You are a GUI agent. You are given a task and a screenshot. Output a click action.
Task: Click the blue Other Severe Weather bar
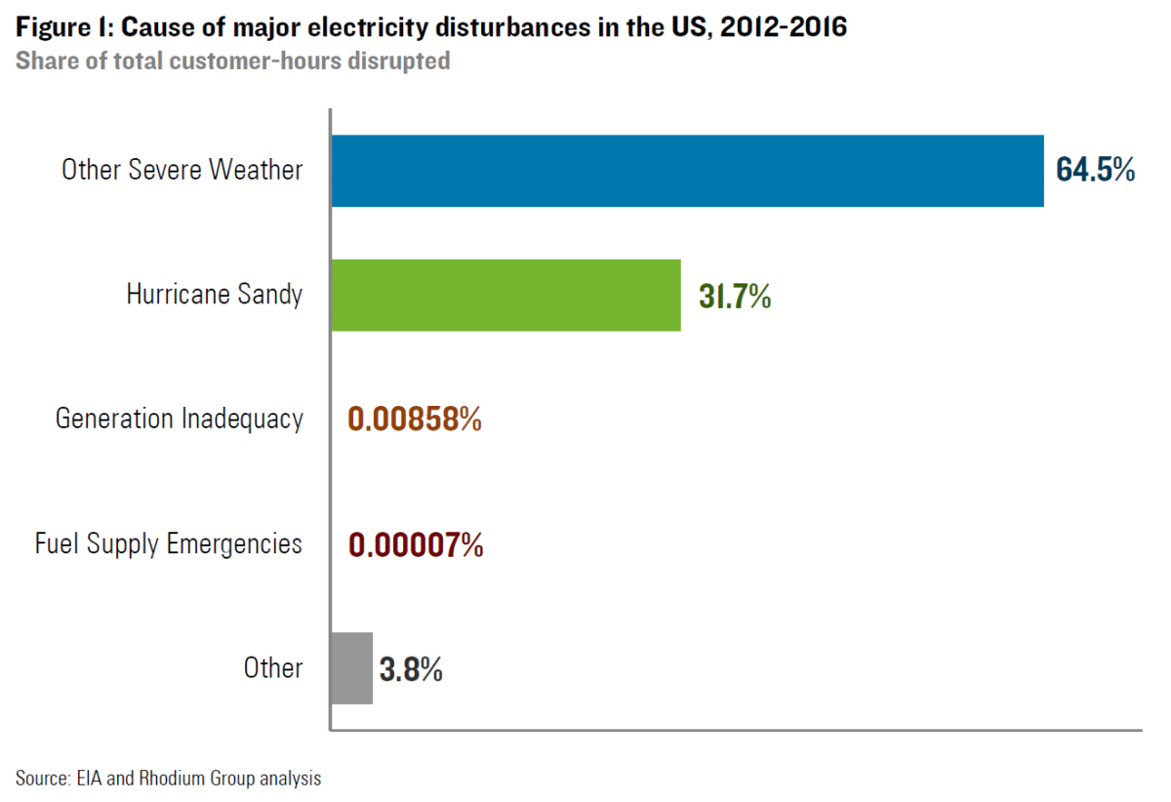click(687, 171)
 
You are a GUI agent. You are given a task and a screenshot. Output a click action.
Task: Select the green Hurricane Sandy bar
click(505, 295)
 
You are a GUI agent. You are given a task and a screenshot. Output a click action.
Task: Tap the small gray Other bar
click(351, 668)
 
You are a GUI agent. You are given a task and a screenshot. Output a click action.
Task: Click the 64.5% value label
click(1095, 170)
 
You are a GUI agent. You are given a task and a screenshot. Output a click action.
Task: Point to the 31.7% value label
click(735, 296)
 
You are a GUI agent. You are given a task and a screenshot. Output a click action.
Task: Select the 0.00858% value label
click(415, 420)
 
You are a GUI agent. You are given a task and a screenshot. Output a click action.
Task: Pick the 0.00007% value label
click(416, 544)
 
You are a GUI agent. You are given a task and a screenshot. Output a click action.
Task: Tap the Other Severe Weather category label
click(182, 170)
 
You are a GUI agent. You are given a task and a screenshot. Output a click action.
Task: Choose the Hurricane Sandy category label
click(215, 295)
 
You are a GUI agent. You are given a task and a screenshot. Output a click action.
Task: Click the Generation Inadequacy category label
click(180, 420)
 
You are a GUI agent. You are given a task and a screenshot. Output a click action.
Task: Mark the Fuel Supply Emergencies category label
click(169, 543)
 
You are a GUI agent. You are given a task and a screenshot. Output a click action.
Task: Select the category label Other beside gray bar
click(273, 668)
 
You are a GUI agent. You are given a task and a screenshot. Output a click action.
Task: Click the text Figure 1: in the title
click(60, 28)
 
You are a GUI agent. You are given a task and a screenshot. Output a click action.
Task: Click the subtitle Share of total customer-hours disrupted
click(233, 60)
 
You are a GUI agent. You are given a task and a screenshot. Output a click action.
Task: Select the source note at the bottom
click(168, 779)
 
